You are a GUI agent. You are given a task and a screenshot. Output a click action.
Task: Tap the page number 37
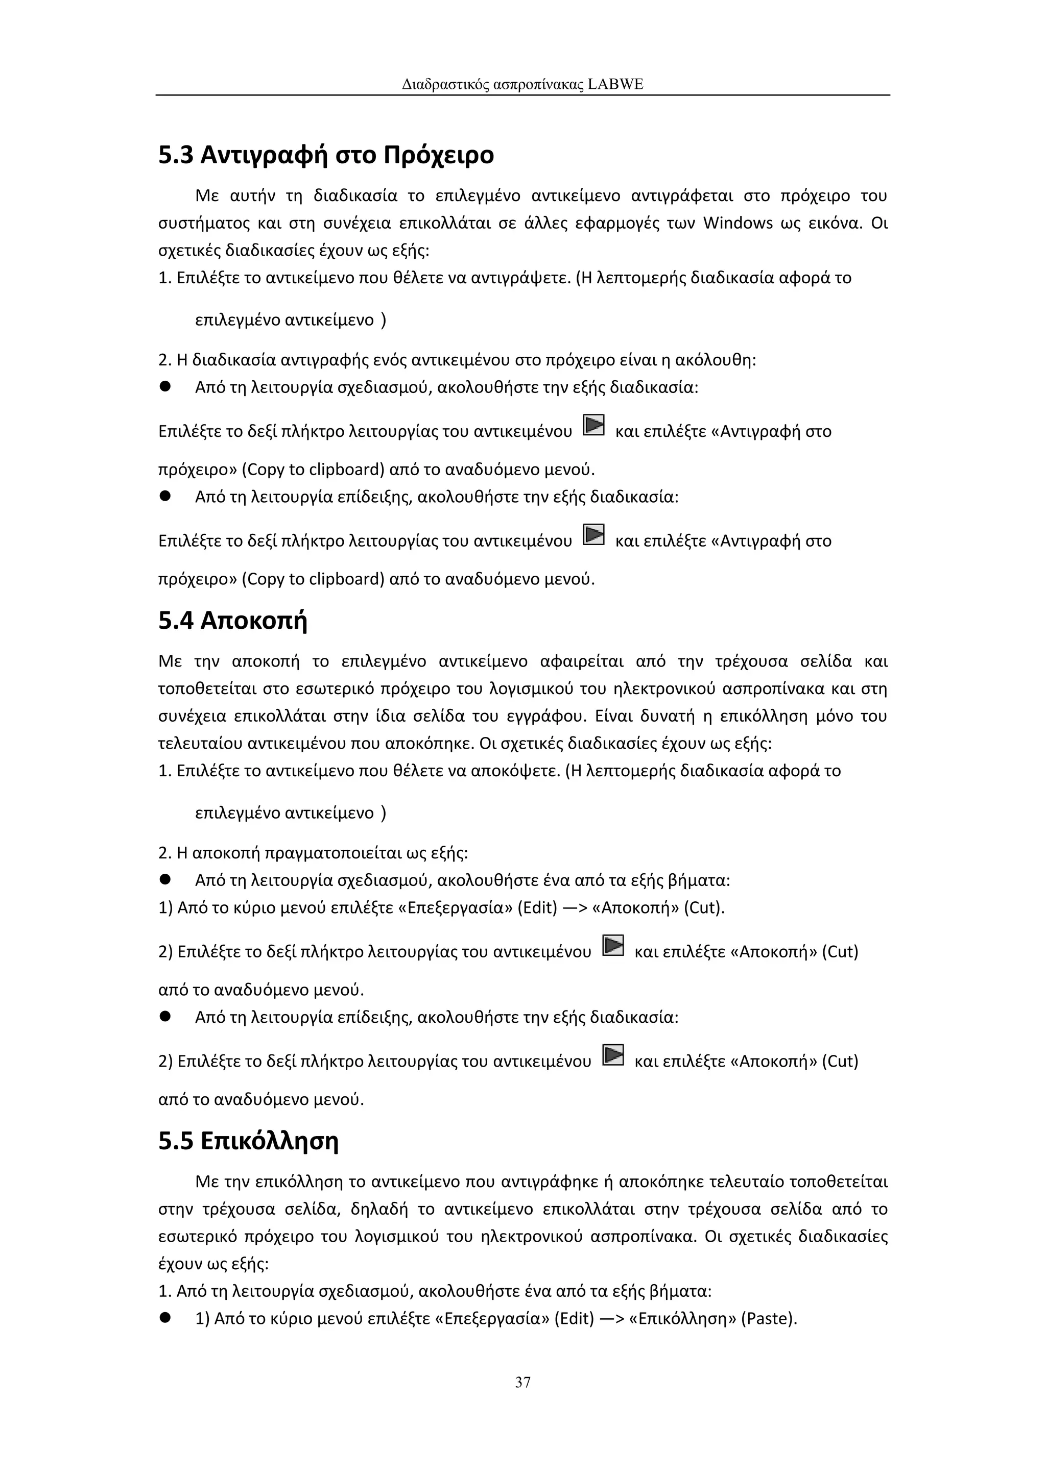(x=523, y=1382)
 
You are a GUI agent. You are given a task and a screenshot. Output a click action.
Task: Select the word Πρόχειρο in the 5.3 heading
(x=438, y=155)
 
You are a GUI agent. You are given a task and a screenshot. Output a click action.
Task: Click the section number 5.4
(x=176, y=621)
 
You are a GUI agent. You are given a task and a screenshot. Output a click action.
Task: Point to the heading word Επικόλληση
(x=269, y=1141)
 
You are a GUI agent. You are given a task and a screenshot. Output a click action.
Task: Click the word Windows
(x=738, y=224)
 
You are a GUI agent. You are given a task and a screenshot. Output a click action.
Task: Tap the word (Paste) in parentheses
(x=769, y=1319)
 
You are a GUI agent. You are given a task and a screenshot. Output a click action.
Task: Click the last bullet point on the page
(x=165, y=1318)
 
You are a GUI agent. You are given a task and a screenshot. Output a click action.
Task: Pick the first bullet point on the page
(x=165, y=387)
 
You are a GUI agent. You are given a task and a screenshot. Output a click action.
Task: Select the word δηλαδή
(x=379, y=1210)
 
